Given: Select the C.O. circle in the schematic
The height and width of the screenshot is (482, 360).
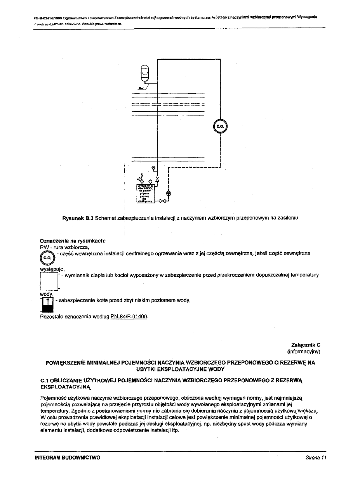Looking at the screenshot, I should pos(220,126).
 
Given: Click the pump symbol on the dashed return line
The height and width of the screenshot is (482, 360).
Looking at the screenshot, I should pos(168,193).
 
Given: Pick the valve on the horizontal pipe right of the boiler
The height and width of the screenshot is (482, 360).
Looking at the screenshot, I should pos(162,201).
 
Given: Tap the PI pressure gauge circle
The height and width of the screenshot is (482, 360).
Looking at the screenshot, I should pos(153,168).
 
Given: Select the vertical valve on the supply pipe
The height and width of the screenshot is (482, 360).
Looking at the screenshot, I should pos(157,179).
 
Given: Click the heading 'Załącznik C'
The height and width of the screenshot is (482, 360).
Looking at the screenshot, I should pos(306,345).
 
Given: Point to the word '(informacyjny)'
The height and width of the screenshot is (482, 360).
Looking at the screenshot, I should pos(303,352).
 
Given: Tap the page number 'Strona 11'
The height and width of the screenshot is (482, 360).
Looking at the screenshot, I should pos(315,458).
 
